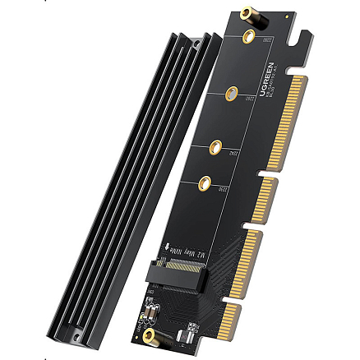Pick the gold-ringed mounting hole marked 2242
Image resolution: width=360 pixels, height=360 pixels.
216,148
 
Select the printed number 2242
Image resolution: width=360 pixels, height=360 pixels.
230,151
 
